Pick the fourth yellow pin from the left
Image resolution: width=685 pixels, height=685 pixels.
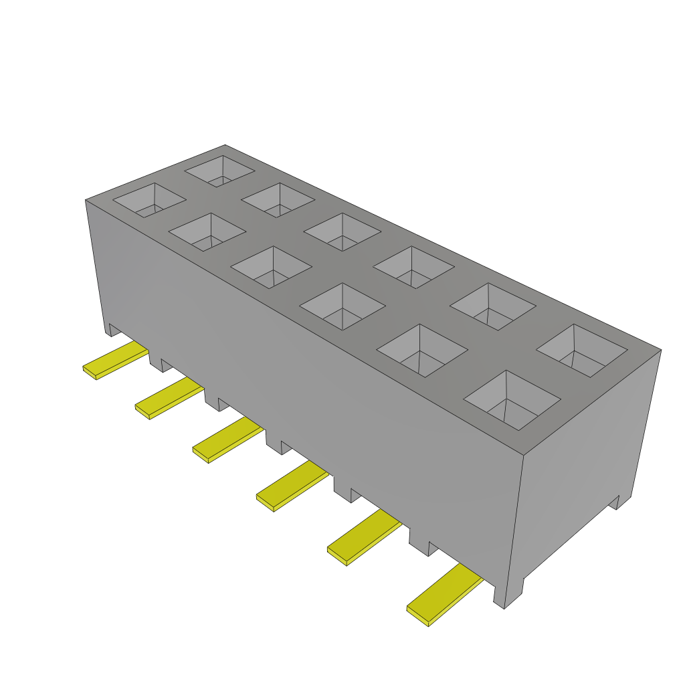[x=291, y=486]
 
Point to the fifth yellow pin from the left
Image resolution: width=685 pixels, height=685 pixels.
[x=363, y=537]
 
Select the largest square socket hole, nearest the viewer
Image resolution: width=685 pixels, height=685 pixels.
[x=512, y=399]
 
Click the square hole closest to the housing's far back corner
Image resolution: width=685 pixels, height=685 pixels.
[x=219, y=171]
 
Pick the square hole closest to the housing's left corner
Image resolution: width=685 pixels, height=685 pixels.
[x=149, y=199]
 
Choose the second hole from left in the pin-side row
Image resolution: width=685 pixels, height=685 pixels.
[x=207, y=232]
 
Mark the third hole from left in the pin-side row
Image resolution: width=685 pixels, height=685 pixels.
[x=271, y=267]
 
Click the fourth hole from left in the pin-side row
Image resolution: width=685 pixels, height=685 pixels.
[x=342, y=306]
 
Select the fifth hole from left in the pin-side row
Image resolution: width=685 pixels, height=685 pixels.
[x=421, y=350]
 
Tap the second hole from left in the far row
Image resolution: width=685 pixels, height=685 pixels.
[x=278, y=199]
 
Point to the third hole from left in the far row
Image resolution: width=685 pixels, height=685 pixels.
[x=342, y=232]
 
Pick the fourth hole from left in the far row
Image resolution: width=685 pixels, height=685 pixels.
[x=413, y=267]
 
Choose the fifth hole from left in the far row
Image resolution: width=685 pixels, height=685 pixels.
[x=492, y=306]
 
